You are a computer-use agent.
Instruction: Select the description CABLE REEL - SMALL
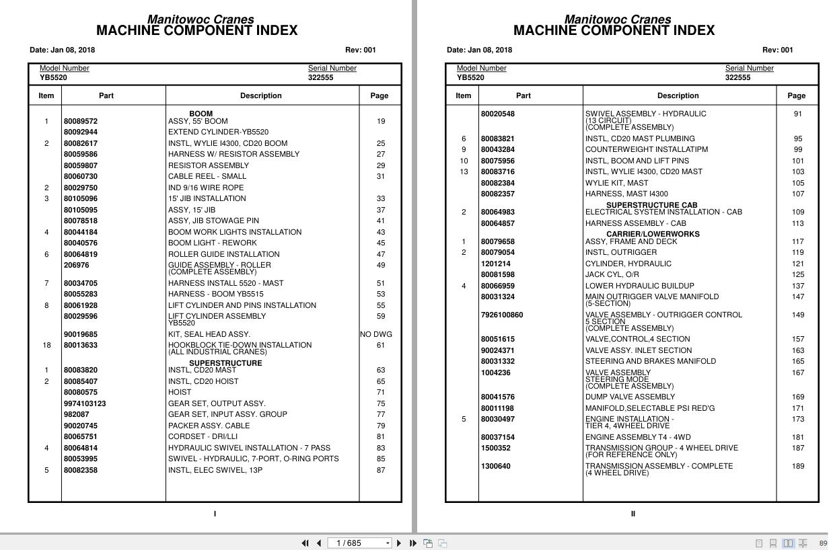(x=207, y=176)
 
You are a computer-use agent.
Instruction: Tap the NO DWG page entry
(x=375, y=334)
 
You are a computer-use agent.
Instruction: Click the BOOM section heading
(x=201, y=114)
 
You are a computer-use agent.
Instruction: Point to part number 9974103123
(x=85, y=403)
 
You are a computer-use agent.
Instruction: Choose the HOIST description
(x=180, y=392)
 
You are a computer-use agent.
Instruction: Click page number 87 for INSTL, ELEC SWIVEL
(x=381, y=470)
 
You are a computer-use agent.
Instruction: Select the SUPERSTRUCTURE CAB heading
(x=651, y=205)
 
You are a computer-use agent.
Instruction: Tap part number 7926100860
(x=501, y=315)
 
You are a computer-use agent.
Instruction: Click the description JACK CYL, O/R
(x=612, y=274)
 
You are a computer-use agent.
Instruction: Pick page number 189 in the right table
(x=797, y=466)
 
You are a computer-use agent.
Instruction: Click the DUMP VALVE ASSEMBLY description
(x=629, y=397)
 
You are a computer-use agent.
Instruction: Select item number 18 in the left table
(x=46, y=345)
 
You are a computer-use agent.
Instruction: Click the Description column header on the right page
(x=678, y=95)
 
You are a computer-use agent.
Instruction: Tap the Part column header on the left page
(x=106, y=95)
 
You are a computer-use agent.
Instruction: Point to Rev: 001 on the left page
(x=361, y=50)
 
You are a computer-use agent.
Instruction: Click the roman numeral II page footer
(x=633, y=514)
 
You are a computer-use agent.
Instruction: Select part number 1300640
(x=495, y=466)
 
